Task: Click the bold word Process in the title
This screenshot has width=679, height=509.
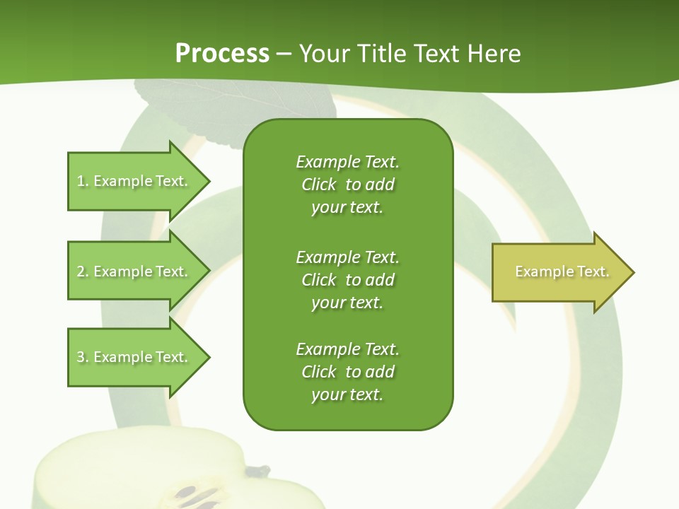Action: pyautogui.click(x=222, y=54)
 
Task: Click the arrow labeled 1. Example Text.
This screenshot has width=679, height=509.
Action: pyautogui.click(x=134, y=182)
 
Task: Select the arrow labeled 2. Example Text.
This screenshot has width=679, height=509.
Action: pyautogui.click(x=134, y=271)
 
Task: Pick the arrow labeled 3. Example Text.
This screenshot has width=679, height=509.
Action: pyautogui.click(x=134, y=357)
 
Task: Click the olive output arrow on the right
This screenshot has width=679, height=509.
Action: pyautogui.click(x=559, y=272)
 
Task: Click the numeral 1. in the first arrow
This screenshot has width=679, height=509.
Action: pyautogui.click(x=83, y=182)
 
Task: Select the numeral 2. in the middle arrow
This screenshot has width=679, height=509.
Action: pyautogui.click(x=83, y=271)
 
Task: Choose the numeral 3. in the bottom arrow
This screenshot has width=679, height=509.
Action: pyautogui.click(x=83, y=357)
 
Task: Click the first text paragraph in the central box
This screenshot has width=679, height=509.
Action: pyautogui.click(x=347, y=185)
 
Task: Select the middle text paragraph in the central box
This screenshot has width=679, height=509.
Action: pyautogui.click(x=347, y=280)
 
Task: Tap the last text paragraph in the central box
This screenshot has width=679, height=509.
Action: pyautogui.click(x=347, y=372)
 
